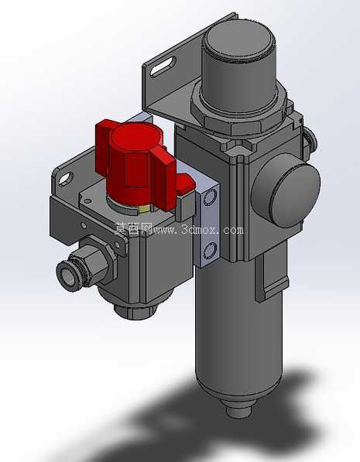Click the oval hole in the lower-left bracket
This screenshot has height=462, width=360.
66,179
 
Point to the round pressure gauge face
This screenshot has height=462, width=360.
286,190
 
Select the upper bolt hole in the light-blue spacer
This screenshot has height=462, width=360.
210,197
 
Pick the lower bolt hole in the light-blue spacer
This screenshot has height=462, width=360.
210,251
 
